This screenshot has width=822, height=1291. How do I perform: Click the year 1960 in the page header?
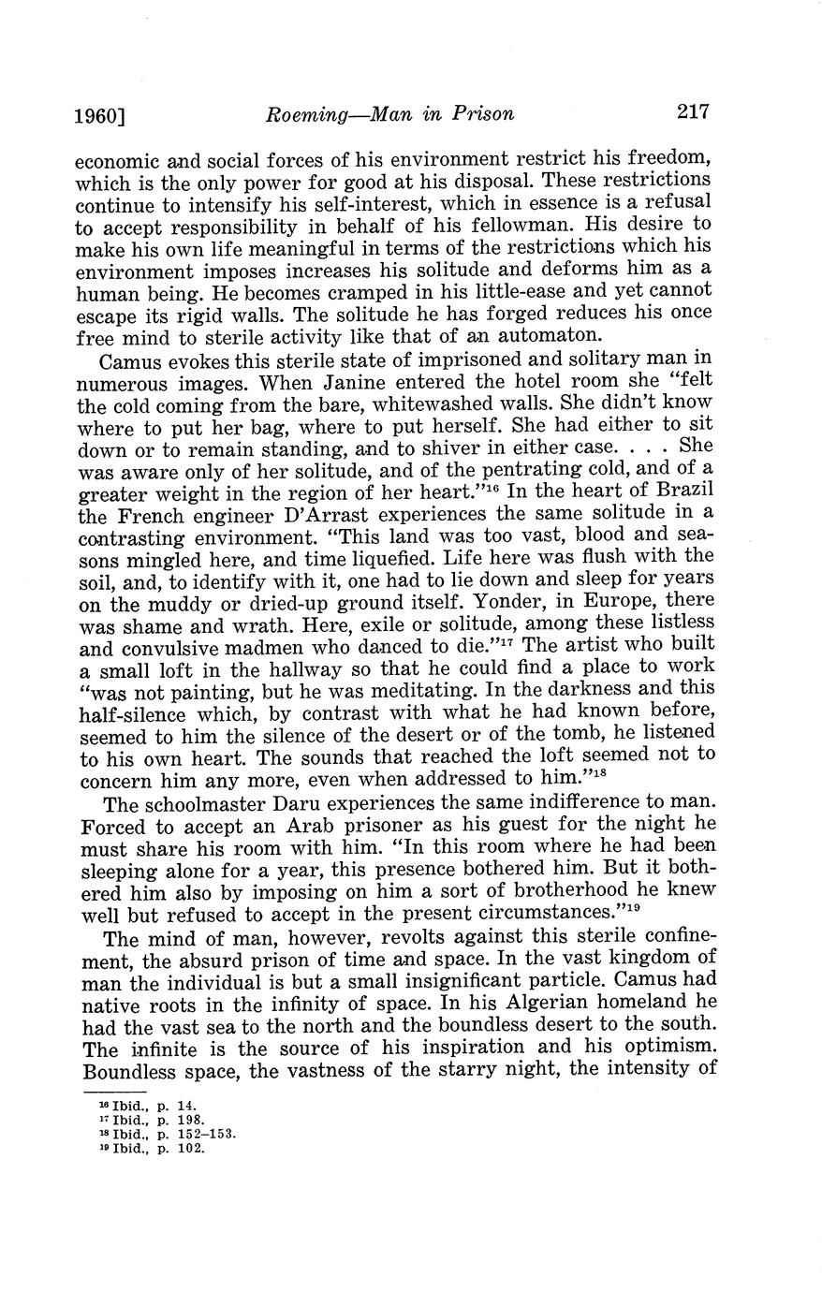[96, 116]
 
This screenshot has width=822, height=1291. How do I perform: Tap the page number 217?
[691, 112]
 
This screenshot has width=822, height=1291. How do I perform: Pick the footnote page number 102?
[190, 1148]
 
